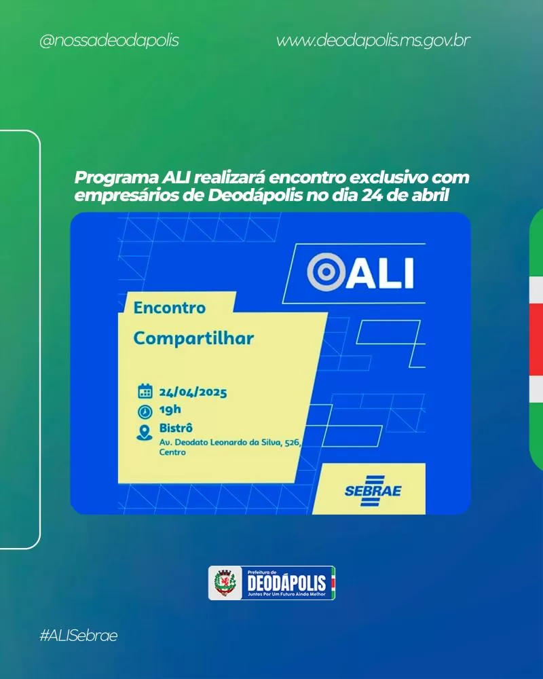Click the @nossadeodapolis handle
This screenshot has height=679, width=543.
[109, 41]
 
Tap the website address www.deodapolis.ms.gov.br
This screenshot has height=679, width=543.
[373, 41]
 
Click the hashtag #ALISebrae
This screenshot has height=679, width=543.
[78, 636]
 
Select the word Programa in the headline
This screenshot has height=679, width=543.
[117, 178]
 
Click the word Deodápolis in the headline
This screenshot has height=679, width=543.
[255, 196]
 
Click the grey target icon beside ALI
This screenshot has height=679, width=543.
[326, 272]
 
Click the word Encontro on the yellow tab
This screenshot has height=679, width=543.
[169, 308]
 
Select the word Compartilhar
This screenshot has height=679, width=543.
[193, 338]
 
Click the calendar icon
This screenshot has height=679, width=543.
[145, 391]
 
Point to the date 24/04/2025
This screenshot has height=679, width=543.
[193, 392]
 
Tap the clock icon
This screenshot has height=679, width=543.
[145, 411]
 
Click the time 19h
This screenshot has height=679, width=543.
[170, 409]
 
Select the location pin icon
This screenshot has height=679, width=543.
[144, 433]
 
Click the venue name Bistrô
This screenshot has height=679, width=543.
[176, 428]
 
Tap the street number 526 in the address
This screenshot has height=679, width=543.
[293, 443]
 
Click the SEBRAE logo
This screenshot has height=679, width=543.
[373, 491]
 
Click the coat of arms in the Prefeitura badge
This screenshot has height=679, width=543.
[225, 583]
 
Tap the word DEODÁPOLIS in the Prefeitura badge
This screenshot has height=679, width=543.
[286, 583]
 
